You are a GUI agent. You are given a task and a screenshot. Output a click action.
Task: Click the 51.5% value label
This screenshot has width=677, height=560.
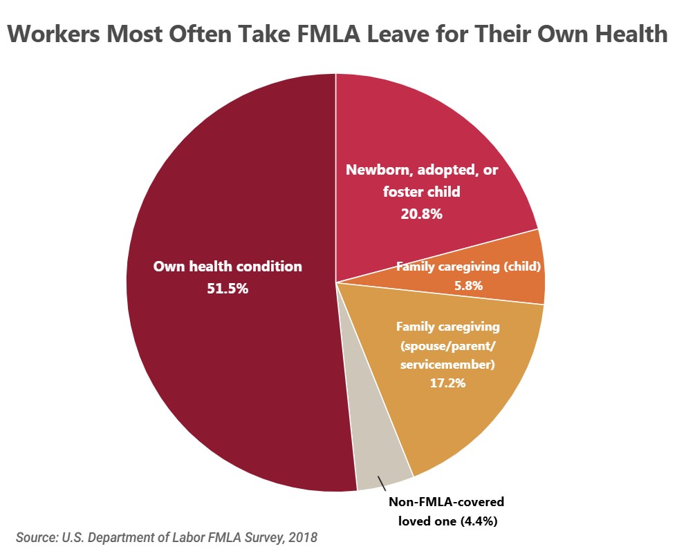click(228, 289)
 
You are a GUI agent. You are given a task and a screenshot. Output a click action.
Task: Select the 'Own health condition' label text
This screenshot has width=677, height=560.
click(228, 267)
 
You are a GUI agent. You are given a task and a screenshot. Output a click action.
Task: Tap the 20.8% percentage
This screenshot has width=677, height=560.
click(421, 214)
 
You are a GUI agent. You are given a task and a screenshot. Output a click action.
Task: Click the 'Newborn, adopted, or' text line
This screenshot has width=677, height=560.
click(421, 170)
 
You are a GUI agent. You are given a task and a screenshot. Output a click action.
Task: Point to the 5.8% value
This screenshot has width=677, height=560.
click(468, 284)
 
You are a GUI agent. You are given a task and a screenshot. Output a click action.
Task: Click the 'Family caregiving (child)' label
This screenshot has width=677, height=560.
click(468, 267)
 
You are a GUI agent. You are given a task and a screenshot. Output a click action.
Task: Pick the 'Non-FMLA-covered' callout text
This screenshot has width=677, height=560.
click(445, 502)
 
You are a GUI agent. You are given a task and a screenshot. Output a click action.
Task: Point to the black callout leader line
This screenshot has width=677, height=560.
click(382, 482)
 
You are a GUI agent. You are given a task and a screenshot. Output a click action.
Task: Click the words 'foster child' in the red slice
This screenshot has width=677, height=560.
click(421, 192)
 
